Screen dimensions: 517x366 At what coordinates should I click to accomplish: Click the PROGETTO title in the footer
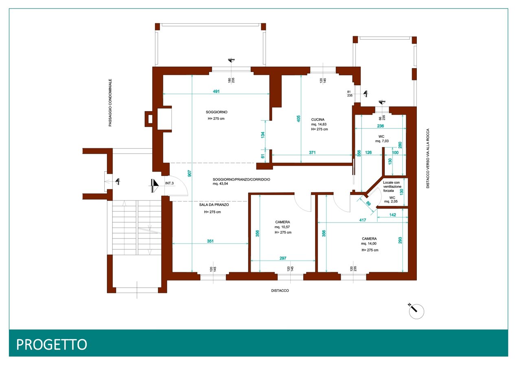[x=51, y=344]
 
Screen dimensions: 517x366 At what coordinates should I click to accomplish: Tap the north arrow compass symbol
[x=416, y=311]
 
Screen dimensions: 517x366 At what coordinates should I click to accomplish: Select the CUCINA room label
[x=318, y=119]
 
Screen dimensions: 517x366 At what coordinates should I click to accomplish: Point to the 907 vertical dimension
[x=189, y=174]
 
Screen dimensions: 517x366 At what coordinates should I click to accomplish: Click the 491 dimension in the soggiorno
[x=216, y=91]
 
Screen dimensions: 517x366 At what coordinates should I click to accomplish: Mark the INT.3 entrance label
[x=169, y=183]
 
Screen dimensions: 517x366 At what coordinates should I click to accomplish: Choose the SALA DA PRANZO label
[x=214, y=205]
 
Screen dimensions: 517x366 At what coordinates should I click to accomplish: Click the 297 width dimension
[x=283, y=258]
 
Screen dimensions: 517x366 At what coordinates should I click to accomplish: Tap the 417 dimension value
[x=363, y=220]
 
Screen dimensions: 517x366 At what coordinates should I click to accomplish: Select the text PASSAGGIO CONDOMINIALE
[x=110, y=103]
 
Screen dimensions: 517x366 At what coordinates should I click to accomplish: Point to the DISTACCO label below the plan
[x=280, y=291]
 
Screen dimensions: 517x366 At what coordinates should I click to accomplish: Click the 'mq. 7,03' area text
[x=382, y=141]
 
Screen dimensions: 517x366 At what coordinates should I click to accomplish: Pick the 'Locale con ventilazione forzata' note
[x=392, y=187]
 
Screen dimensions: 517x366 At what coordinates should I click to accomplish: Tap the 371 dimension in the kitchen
[x=312, y=152]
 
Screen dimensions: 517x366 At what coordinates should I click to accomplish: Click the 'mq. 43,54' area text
[x=220, y=184]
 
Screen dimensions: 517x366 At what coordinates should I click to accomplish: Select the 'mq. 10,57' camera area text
[x=282, y=227]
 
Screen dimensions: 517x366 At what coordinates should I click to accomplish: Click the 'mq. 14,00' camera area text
[x=368, y=244]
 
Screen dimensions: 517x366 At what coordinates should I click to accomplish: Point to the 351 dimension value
[x=210, y=241]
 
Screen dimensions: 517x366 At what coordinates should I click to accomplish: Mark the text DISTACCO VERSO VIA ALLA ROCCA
[x=428, y=158]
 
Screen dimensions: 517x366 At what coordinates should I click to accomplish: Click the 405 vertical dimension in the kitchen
[x=298, y=119]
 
